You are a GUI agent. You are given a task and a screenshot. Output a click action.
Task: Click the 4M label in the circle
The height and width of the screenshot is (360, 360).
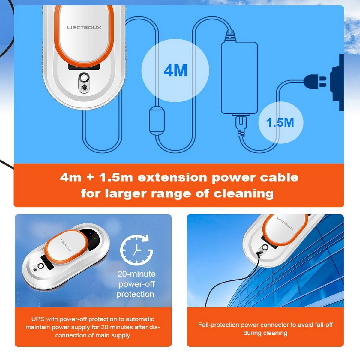pos(175,71)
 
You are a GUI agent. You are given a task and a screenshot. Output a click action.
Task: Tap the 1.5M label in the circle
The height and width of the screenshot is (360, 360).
pos(280,122)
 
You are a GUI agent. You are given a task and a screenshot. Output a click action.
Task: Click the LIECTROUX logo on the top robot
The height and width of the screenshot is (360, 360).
pos(84,28)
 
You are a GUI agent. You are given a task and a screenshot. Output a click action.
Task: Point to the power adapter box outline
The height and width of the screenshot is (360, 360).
pos(239,78)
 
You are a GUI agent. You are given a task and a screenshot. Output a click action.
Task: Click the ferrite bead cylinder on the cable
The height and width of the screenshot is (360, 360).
pos(157,120)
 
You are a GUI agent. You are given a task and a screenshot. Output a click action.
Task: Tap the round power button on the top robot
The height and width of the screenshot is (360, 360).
pos(84,78)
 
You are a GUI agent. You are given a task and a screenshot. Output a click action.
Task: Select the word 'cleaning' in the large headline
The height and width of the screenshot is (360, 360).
pos(243,194)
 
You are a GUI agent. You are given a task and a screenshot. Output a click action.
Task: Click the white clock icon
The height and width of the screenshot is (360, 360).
pos(136,250)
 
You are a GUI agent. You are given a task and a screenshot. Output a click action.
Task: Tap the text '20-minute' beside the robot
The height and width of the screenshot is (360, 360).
pos(136,274)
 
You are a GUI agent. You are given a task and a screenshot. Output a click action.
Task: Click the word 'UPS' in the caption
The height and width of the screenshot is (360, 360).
pos(38,319)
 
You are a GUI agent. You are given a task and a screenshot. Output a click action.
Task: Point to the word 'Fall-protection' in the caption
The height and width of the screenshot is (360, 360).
pos(219,325)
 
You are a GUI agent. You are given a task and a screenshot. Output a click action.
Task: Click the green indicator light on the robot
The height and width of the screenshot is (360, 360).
pos(95,238)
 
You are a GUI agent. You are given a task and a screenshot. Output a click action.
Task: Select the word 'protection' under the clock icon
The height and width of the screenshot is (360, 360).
pos(135,294)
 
